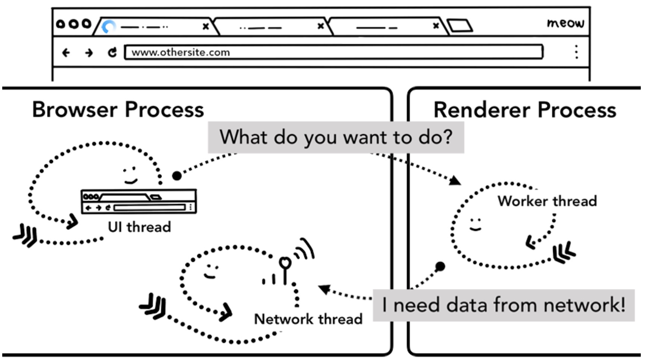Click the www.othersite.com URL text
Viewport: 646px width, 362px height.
(x=181, y=53)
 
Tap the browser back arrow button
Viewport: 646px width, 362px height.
(x=66, y=53)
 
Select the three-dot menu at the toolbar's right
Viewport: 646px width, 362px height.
(x=576, y=52)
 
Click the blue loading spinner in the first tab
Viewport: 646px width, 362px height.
(x=109, y=27)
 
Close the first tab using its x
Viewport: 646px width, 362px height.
(x=206, y=26)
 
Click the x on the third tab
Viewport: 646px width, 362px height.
(x=436, y=26)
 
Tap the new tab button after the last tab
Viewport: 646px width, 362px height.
(x=460, y=26)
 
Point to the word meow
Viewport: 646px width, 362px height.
(x=565, y=23)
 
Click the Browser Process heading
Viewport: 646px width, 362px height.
(x=118, y=109)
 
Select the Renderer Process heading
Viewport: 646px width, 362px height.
(x=524, y=110)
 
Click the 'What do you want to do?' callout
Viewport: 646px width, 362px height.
(x=336, y=137)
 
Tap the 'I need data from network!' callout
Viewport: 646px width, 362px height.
(x=504, y=305)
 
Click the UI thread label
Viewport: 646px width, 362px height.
(x=139, y=227)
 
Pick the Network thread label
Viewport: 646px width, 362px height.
(x=308, y=319)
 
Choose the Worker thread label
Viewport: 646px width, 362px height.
(x=547, y=201)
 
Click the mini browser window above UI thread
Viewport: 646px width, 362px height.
(x=139, y=201)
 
